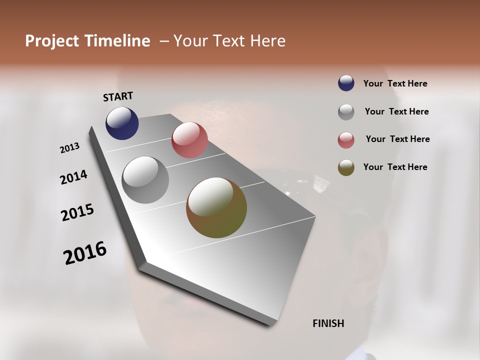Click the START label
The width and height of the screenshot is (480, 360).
tap(118, 96)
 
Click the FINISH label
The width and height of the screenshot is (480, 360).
tap(328, 323)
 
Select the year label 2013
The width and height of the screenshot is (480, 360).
tap(70, 148)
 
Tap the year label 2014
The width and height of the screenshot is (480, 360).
tap(74, 177)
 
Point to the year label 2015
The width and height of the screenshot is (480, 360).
tap(77, 212)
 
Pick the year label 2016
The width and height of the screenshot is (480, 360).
tap(85, 253)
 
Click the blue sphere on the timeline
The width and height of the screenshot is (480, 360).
tap(122, 123)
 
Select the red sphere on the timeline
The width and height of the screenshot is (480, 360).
tap(189, 140)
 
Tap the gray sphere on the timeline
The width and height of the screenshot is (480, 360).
tap(145, 180)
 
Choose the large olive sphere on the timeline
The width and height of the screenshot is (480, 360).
tap(216, 207)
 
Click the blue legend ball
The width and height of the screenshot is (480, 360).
tap(346, 83)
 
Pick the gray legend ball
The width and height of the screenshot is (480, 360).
tap(346, 112)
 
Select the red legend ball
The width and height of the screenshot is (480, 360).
tap(346, 140)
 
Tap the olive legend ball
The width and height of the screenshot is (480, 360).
tap(346, 167)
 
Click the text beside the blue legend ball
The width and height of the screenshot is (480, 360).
tap(395, 84)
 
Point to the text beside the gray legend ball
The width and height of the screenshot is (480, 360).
tap(396, 111)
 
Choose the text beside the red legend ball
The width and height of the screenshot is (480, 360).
tap(397, 139)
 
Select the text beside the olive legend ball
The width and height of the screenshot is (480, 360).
tap(395, 167)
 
